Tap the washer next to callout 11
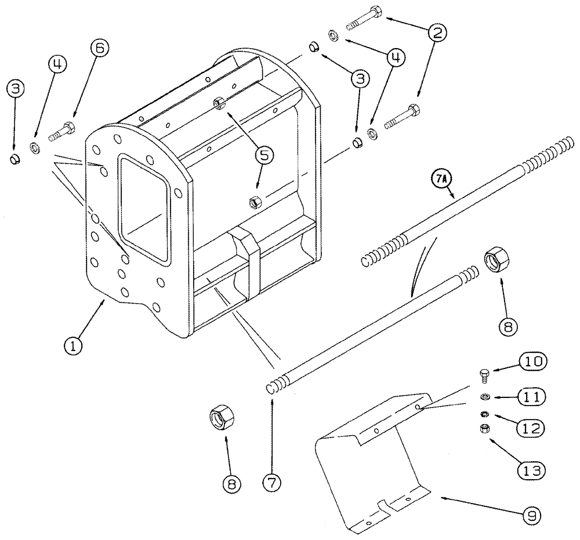click(x=484, y=397)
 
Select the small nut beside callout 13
click(x=484, y=429)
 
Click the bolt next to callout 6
click(x=61, y=130)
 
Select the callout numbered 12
click(x=530, y=429)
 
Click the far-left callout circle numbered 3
click(x=16, y=89)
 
